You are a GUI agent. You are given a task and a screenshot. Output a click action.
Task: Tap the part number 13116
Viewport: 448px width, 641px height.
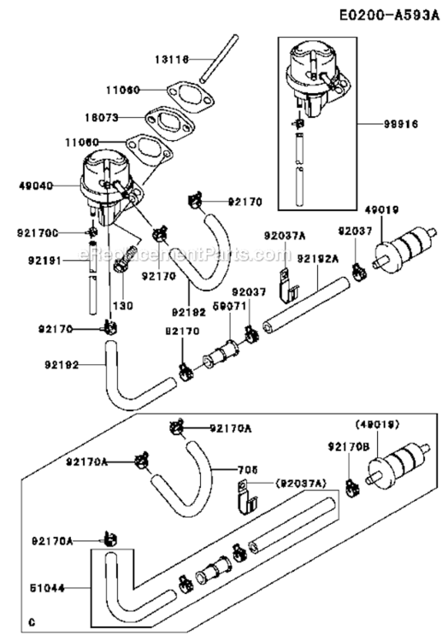(x=172, y=59)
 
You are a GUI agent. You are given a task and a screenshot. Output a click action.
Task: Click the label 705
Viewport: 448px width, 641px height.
(x=246, y=468)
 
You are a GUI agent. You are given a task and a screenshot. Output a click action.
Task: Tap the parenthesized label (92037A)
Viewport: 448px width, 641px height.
(x=301, y=484)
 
